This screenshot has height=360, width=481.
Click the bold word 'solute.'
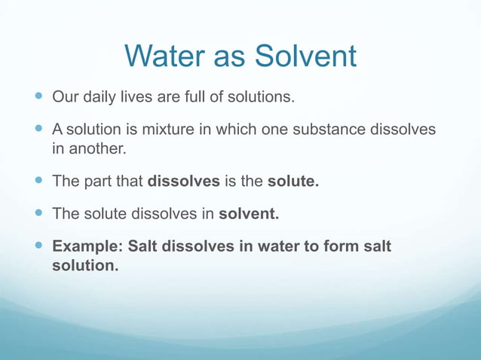(x=293, y=182)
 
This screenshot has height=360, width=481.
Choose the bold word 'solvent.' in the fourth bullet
(x=249, y=214)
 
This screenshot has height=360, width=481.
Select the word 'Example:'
(x=86, y=246)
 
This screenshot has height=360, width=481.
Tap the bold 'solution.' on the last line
(x=85, y=266)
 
